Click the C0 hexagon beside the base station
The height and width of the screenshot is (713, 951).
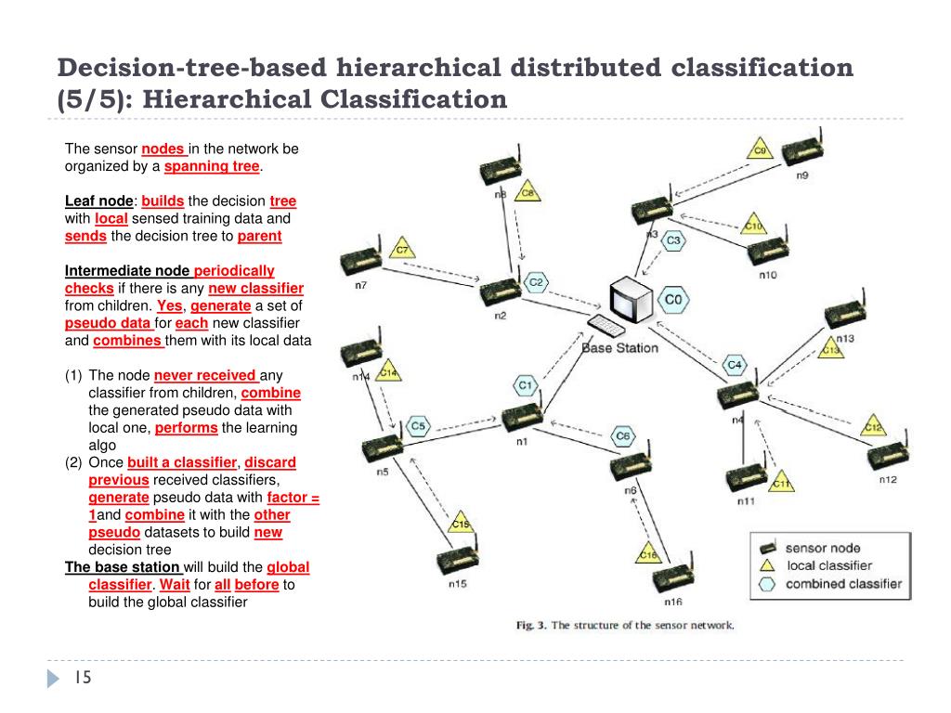coord(673,300)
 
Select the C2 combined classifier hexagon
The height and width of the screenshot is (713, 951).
coord(536,282)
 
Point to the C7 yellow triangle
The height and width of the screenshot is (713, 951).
coord(402,249)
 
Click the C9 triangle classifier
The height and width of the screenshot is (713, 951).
coord(760,149)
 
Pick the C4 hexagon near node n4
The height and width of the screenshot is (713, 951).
coord(734,364)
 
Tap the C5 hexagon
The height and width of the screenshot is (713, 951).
coord(419,426)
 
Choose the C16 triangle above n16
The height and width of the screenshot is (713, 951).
coord(648,553)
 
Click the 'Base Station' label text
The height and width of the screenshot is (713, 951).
coord(619,348)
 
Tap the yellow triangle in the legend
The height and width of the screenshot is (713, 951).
coord(767,564)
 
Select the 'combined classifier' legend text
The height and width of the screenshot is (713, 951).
coord(843,584)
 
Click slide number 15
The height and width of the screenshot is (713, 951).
coord(83,679)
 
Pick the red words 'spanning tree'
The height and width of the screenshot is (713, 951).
coord(212,166)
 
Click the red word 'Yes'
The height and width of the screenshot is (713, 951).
coord(170,305)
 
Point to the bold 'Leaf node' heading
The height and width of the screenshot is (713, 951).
coord(99,201)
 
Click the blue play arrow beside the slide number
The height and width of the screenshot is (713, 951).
coord(53,679)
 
